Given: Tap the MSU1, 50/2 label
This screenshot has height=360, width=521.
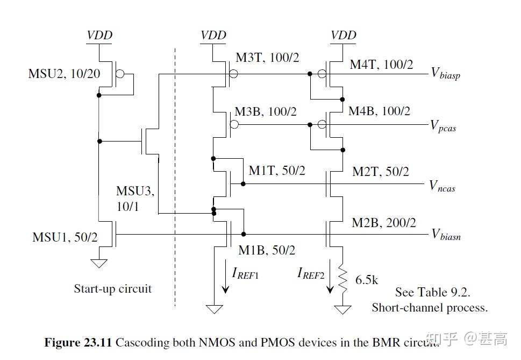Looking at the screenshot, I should (65, 236).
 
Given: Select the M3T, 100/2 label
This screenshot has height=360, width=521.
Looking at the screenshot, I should (267, 57).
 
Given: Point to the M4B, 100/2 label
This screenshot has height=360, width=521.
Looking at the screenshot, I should (379, 111).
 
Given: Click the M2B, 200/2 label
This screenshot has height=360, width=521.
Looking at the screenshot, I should (384, 222).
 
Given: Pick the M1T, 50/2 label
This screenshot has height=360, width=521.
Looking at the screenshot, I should (276, 171).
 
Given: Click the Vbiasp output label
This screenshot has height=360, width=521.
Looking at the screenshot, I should (445, 74).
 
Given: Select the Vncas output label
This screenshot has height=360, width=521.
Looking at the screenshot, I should (443, 186).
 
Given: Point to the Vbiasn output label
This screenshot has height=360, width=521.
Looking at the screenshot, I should (446, 235).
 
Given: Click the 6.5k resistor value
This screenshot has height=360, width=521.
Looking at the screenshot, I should (367, 280).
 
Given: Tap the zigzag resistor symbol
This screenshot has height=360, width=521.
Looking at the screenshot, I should (342, 278).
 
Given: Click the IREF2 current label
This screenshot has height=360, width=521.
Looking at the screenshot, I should (311, 273).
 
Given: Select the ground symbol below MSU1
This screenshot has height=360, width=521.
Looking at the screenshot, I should (99, 263).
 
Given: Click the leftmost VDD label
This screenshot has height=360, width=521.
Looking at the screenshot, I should (99, 36).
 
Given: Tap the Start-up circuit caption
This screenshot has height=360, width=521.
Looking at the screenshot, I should (112, 289).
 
